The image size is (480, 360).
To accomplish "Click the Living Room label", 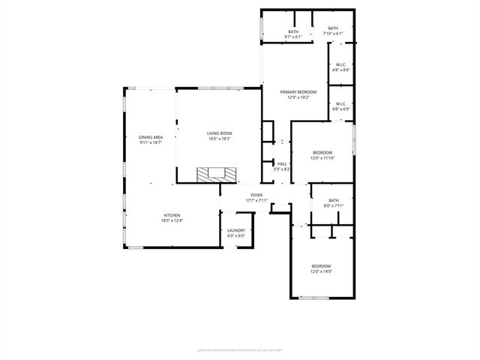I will (x=219, y=133).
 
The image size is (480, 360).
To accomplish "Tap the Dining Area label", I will (x=151, y=137).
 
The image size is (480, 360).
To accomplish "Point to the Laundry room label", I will (x=235, y=231).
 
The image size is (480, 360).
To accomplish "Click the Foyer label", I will (x=256, y=195).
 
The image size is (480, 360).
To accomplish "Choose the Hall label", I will (x=282, y=163).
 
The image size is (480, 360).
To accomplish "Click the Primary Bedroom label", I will (x=298, y=91).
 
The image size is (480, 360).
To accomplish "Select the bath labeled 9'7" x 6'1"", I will (x=292, y=31).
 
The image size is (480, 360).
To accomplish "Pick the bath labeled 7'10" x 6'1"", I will (x=332, y=28).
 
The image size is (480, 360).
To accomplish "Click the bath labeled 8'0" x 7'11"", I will (x=333, y=200).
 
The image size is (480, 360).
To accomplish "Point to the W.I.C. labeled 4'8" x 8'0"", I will (x=340, y=64).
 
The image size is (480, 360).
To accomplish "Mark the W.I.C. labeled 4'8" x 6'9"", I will (x=340, y=103).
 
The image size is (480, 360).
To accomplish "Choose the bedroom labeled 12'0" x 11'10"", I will (x=322, y=152).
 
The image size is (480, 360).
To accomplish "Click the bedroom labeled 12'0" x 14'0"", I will (x=321, y=266).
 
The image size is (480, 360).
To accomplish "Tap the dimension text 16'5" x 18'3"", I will (x=219, y=139).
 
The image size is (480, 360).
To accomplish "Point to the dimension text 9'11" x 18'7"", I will (x=151, y=142).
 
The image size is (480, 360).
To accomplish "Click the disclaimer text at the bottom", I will (x=240, y=349).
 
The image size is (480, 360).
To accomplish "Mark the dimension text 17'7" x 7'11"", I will (x=256, y=200).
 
